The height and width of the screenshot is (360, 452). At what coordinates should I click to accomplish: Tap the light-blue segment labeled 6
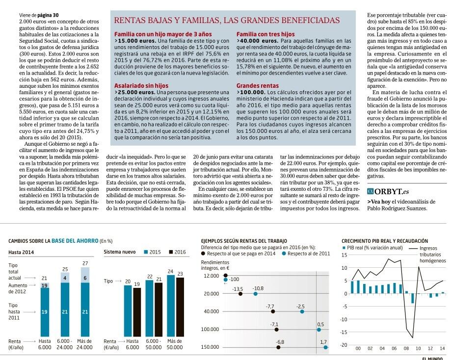(85, 278)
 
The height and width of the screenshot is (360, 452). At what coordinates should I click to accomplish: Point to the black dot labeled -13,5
(240, 293)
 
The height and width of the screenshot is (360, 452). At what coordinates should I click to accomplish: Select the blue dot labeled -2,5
(302, 311)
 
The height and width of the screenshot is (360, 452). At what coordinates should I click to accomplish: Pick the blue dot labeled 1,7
(325, 347)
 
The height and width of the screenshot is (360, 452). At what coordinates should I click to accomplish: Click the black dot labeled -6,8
(279, 347)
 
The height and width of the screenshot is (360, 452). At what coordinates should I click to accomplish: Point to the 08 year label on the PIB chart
(406, 349)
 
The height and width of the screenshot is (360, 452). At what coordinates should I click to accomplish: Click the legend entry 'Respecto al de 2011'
(306, 254)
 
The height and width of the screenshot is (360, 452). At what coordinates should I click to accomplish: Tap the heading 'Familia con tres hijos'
(265, 34)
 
